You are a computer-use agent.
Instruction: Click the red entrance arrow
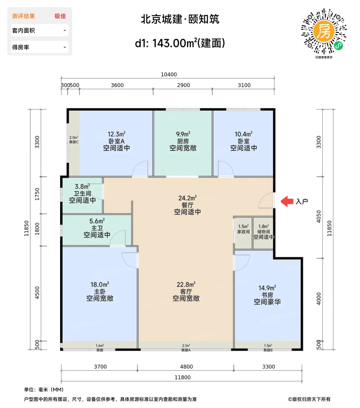[x=287, y=201]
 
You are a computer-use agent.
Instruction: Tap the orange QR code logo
[x=324, y=31]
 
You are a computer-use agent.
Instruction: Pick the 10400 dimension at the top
[x=169, y=75]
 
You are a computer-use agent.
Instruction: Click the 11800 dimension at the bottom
[x=183, y=377]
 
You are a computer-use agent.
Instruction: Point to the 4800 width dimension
[x=186, y=367]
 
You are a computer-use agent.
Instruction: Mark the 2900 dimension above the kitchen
[x=183, y=85]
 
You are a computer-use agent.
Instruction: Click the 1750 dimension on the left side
[x=37, y=194]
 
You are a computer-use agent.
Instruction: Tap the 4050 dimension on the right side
[x=319, y=217]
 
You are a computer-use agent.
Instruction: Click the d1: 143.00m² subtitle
[x=180, y=43]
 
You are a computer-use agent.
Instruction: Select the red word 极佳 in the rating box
[x=60, y=16]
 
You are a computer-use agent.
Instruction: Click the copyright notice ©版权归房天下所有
[x=309, y=399]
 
